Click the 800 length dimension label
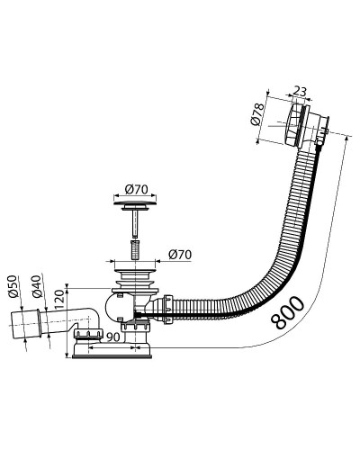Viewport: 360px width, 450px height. point(287,312)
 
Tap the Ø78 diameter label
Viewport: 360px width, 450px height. point(256,113)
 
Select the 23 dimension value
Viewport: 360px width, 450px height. point(300,91)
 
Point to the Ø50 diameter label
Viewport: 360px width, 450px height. point(14,286)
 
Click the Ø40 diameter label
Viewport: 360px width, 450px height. point(37,286)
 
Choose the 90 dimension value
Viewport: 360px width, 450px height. point(113,337)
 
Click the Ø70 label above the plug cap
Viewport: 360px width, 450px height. point(137,189)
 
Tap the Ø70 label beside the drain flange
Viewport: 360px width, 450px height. point(180,255)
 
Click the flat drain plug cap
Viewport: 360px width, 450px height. point(135,205)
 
